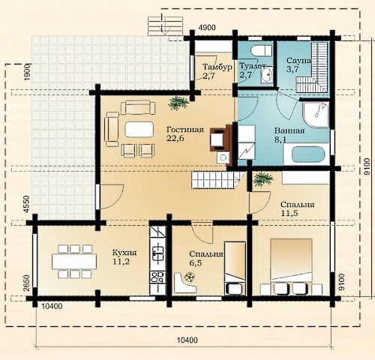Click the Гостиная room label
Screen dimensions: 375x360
coord(185,130)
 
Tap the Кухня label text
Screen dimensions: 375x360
coord(124,253)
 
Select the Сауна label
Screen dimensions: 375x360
coord(298,61)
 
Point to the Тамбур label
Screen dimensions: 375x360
coord(217,67)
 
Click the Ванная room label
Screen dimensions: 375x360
coord(289,130)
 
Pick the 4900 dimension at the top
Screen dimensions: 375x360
coord(207,28)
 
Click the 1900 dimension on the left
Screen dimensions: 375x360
coord(27,72)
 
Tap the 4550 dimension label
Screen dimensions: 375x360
coord(26,204)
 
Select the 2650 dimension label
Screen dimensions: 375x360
coord(26,283)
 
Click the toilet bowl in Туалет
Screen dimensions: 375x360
coord(261,51)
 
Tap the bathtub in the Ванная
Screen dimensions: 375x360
coord(307,154)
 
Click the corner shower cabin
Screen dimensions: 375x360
coord(316,114)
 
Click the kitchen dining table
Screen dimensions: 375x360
coord(74,262)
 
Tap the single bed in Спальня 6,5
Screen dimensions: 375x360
coord(235,268)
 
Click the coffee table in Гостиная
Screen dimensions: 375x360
coord(139,129)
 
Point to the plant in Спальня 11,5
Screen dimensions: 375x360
coord(262,178)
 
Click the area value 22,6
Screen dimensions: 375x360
coord(175,138)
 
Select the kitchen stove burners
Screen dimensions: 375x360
coord(157,277)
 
